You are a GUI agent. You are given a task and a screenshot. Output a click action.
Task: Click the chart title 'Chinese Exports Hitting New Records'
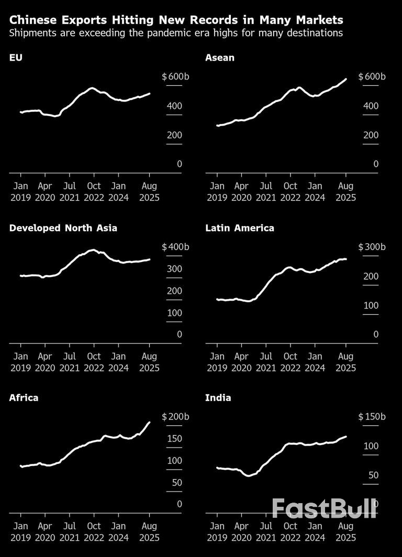point(176,20)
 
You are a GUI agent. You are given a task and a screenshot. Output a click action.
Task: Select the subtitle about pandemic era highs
point(176,33)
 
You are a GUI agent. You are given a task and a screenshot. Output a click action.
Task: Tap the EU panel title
point(16,58)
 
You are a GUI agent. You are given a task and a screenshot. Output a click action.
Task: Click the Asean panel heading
point(220,58)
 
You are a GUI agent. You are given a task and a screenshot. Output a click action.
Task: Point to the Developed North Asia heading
point(63,228)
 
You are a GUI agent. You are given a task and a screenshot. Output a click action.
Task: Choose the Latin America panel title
point(240,228)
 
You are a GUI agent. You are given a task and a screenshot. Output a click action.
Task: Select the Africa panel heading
point(24,398)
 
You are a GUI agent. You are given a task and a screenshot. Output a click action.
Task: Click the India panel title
point(218,398)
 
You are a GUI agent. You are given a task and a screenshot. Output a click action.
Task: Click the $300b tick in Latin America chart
point(372,247)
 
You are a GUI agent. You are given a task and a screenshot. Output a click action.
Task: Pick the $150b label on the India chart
point(372,417)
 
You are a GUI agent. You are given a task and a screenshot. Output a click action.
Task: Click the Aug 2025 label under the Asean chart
point(345,192)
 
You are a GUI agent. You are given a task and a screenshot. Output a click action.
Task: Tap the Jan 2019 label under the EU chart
point(20,192)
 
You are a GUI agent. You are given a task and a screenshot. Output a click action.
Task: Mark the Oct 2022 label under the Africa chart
point(94,532)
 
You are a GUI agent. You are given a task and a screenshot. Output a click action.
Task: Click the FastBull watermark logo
point(324,508)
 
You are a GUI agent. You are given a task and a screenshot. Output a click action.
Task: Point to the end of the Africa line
point(150,422)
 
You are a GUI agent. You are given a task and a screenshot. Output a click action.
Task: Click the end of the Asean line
point(346,79)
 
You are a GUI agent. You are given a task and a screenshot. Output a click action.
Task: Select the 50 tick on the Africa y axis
point(176,482)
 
